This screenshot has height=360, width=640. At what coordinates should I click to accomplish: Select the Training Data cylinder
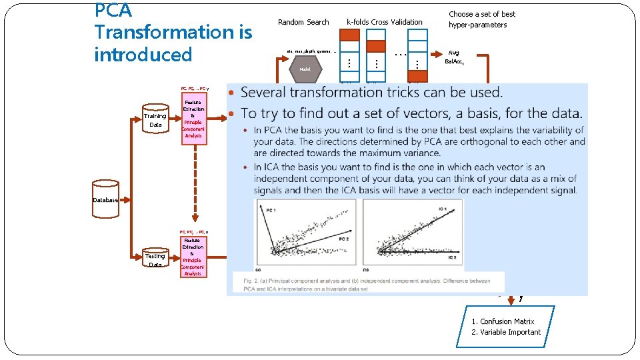tap(155, 120)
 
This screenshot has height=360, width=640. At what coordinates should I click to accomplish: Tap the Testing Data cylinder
tap(155, 259)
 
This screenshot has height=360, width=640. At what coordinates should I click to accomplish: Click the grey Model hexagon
tap(306, 69)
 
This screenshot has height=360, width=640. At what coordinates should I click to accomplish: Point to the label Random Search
tap(303, 22)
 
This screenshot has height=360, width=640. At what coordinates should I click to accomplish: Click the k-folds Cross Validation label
tap(384, 22)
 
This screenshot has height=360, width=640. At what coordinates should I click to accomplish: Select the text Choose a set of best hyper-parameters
tap(482, 19)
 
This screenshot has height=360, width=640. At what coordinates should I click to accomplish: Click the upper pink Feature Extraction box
tap(193, 119)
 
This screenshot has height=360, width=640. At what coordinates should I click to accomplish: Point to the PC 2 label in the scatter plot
tap(344, 238)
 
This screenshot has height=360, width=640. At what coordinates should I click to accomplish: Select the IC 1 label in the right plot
tap(443, 210)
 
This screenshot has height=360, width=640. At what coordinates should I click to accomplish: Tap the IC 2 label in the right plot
tap(451, 257)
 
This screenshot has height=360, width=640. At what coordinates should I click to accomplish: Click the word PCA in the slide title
tap(113, 11)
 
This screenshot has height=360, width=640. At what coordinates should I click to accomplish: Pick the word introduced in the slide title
tap(143, 55)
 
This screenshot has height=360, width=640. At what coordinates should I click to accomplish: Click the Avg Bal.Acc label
tap(454, 57)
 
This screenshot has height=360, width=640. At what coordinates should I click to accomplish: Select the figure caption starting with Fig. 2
tap(367, 284)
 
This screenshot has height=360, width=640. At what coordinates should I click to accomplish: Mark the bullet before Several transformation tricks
tap(231, 93)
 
